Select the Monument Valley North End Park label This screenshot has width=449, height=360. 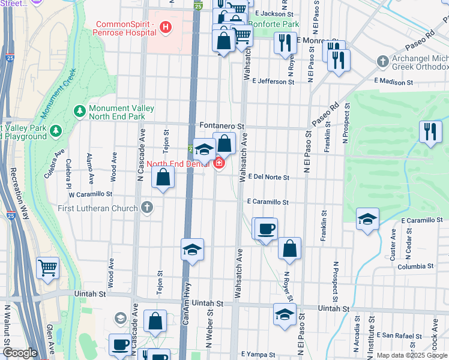[x=121, y=112]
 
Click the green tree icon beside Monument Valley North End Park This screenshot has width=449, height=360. [x=79, y=112]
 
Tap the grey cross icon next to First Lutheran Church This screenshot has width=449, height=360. [x=147, y=208]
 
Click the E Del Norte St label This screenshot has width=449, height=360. [x=268, y=178]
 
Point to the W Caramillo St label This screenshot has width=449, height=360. [x=91, y=195]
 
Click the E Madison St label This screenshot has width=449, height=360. [x=394, y=80]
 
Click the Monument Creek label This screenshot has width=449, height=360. [x=58, y=93]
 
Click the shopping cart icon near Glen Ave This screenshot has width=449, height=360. [x=47, y=268]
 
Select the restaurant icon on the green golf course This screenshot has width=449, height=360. [x=430, y=132]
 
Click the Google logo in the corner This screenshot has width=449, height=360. [x=19, y=353]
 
